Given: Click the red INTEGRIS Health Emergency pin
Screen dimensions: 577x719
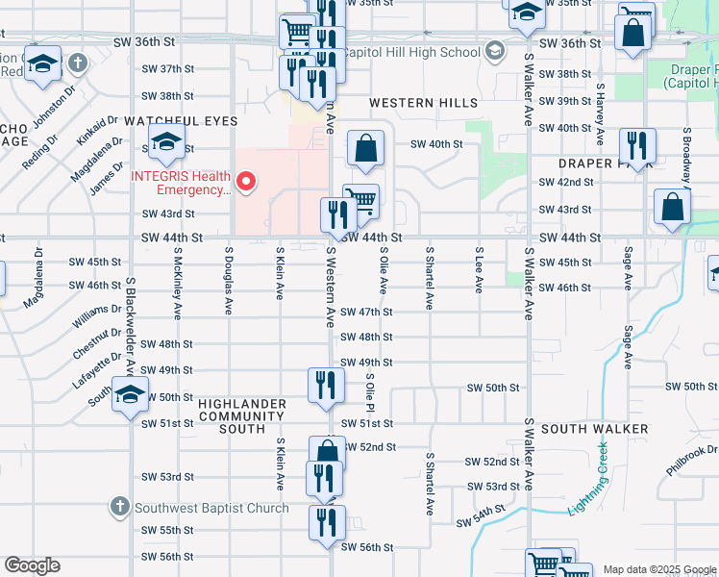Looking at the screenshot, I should click(x=247, y=181).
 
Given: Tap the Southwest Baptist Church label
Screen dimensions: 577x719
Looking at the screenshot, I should click(x=211, y=508).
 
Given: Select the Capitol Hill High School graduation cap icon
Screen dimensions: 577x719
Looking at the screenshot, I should click(x=495, y=50).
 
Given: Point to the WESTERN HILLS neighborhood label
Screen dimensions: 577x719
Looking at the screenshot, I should click(x=423, y=103).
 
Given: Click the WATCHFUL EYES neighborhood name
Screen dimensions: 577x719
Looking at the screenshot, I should click(x=168, y=122).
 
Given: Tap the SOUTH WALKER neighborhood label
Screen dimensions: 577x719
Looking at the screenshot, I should click(x=594, y=429).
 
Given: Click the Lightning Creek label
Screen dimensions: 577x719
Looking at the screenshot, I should click(x=588, y=477).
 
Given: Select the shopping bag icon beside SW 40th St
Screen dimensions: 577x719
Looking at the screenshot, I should click(x=365, y=150).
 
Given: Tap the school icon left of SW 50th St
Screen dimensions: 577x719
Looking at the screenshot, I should click(x=131, y=395).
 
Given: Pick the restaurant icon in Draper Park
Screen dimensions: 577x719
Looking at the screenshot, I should click(x=637, y=146).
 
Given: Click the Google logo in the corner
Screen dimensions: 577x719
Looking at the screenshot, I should click(x=32, y=565).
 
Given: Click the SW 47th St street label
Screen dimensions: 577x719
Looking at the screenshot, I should click(x=366, y=312).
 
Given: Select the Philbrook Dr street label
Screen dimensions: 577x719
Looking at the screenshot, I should click(x=690, y=460).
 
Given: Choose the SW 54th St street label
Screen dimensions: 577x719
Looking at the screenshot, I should click(x=479, y=519).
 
